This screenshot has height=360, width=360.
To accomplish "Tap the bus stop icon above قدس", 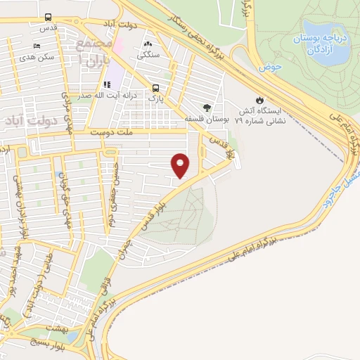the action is (48, 17).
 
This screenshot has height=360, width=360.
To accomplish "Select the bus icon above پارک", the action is (155, 88).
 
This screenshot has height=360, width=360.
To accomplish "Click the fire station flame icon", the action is (261, 99).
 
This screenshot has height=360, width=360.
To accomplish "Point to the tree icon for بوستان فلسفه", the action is (207, 107).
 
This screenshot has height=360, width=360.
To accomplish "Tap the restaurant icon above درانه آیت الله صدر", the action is (106, 85).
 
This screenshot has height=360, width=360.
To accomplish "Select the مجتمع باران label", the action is (94, 53).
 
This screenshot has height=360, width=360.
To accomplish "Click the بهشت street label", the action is (53, 328).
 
